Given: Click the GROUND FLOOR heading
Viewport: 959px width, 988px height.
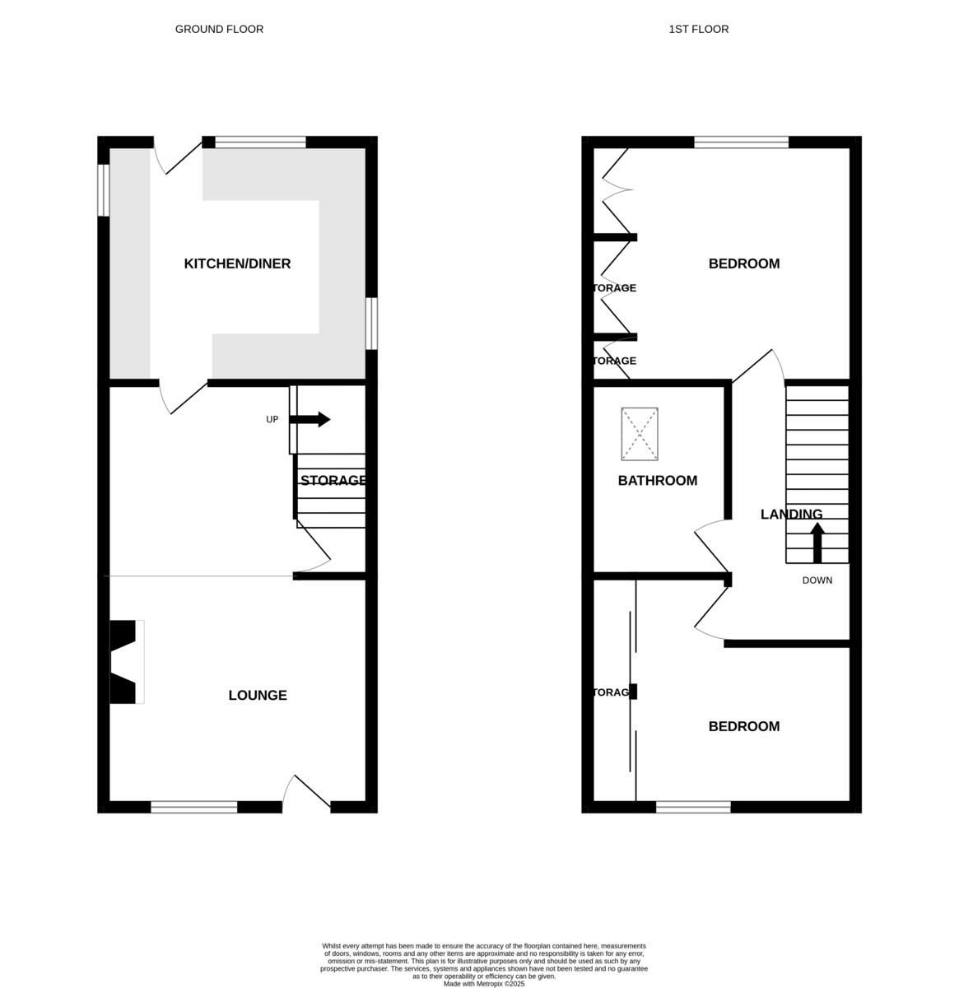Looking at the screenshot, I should [x=219, y=29].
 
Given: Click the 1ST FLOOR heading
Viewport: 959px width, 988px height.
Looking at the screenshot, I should [x=698, y=29].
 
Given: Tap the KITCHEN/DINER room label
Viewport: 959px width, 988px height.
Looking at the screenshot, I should [x=237, y=263].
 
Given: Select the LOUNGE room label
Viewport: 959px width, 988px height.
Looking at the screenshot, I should [x=258, y=695].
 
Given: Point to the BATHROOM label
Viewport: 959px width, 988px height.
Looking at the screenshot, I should [x=658, y=481].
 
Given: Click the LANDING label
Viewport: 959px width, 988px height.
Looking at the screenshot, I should [x=791, y=515].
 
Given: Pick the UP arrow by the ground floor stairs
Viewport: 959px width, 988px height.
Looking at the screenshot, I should [x=310, y=420].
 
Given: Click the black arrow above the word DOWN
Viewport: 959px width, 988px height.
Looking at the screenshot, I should [x=817, y=543].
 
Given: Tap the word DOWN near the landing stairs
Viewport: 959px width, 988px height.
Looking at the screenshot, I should [x=817, y=580].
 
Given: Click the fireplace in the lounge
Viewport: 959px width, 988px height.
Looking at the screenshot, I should [x=126, y=662].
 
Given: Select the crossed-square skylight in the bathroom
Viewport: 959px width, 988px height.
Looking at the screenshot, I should [x=640, y=434].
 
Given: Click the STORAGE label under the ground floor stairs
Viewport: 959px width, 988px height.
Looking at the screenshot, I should [x=333, y=481].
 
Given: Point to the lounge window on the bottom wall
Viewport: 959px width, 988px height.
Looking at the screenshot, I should [x=193, y=807].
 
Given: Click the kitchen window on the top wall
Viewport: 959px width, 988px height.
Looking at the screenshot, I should [x=260, y=142].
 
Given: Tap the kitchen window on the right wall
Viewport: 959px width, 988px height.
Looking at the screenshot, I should [x=371, y=323].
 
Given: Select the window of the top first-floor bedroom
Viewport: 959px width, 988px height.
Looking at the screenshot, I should [x=741, y=142].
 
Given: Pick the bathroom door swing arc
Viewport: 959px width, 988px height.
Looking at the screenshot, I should [x=710, y=540].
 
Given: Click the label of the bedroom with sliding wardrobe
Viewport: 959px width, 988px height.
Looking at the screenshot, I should [x=744, y=726].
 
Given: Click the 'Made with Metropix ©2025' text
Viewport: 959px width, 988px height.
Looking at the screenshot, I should [x=483, y=983].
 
